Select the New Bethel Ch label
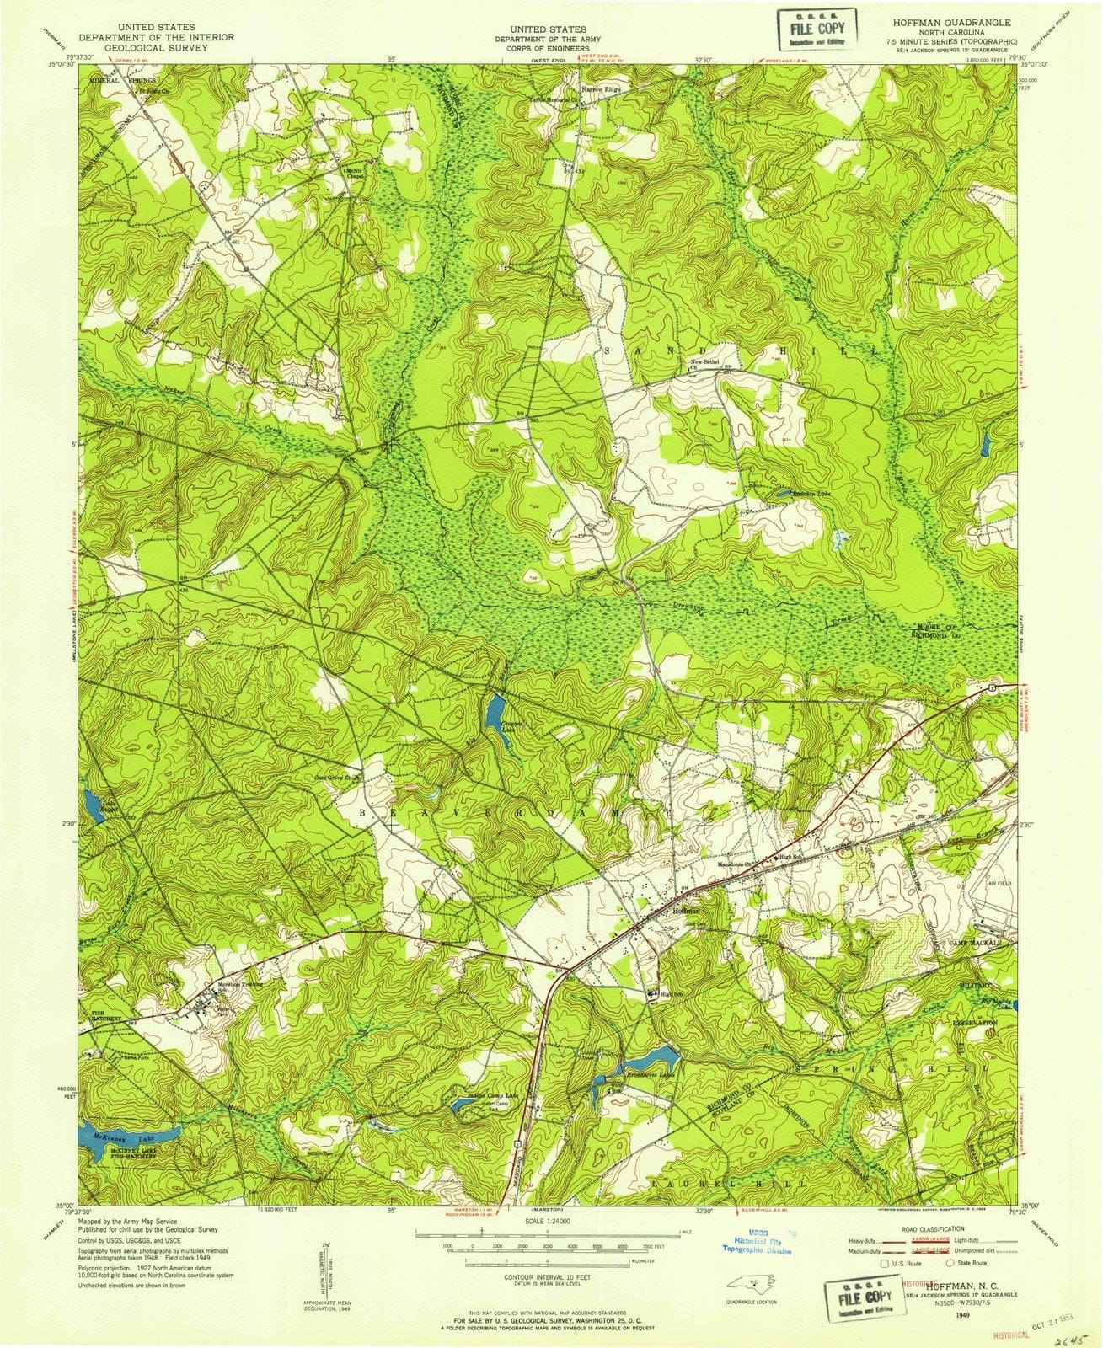[702, 363]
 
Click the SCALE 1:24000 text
[547, 1220]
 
